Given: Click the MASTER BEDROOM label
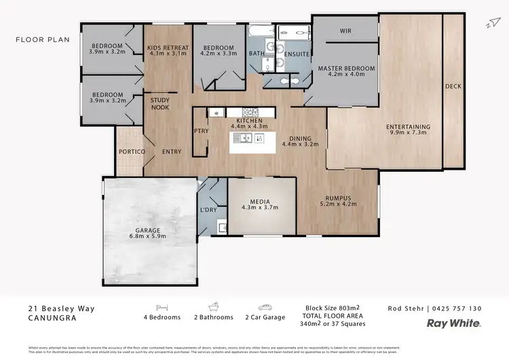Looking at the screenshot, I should coord(346,69).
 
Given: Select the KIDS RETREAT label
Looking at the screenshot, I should coord(167,47).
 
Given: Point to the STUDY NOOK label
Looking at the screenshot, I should coord(159,104).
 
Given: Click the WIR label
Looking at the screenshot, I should coord(345,31).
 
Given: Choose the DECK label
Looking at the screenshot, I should coord(453,86).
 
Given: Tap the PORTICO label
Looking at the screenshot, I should coord(132,151).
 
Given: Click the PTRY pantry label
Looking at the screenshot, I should coord(201,131).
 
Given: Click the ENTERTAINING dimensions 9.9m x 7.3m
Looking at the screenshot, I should coord(408,133).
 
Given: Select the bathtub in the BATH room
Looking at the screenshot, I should coord(261,31).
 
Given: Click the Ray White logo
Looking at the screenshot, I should coord(453,323).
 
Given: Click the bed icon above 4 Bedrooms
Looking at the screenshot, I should coord(162,307).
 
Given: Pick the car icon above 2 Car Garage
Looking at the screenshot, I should coord(265,307).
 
